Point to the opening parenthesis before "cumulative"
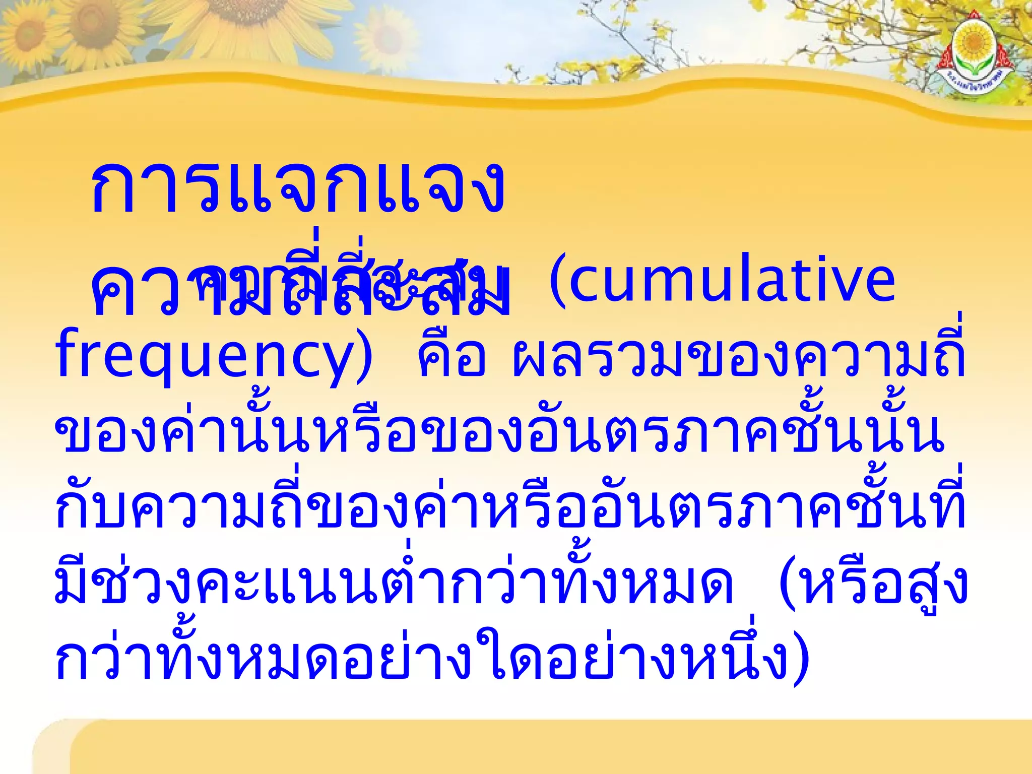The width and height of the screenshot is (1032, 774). [557, 280]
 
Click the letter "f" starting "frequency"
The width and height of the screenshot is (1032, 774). [66, 353]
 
